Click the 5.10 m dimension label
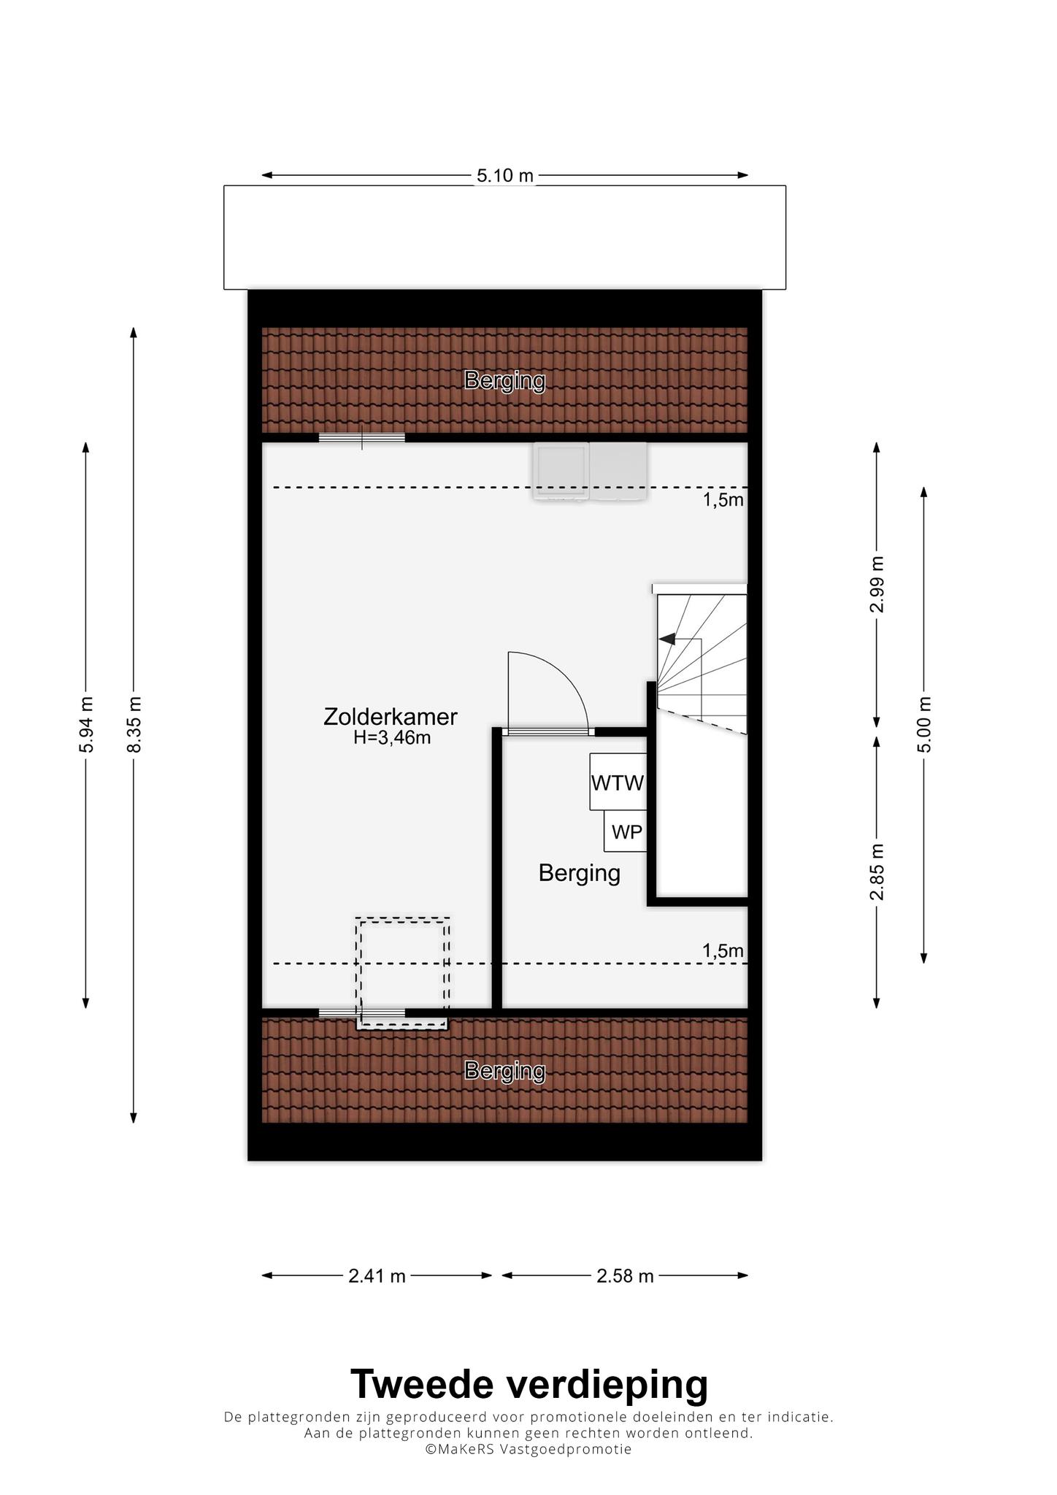coord(505,175)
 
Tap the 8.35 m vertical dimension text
coord(134,724)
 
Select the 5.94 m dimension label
coord(86,724)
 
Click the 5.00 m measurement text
coord(924,725)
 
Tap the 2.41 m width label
coord(377,1276)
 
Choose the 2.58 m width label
coord(625,1276)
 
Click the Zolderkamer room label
coord(391,717)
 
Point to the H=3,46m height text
coord(392,738)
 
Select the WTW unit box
coord(618,781)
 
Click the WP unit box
coord(626,831)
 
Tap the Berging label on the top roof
coord(505,381)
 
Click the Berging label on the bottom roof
coord(505,1072)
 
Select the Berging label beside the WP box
coord(580,874)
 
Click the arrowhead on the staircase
coord(666,639)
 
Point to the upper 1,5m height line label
coord(723,500)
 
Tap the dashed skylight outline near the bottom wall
coord(402,918)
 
